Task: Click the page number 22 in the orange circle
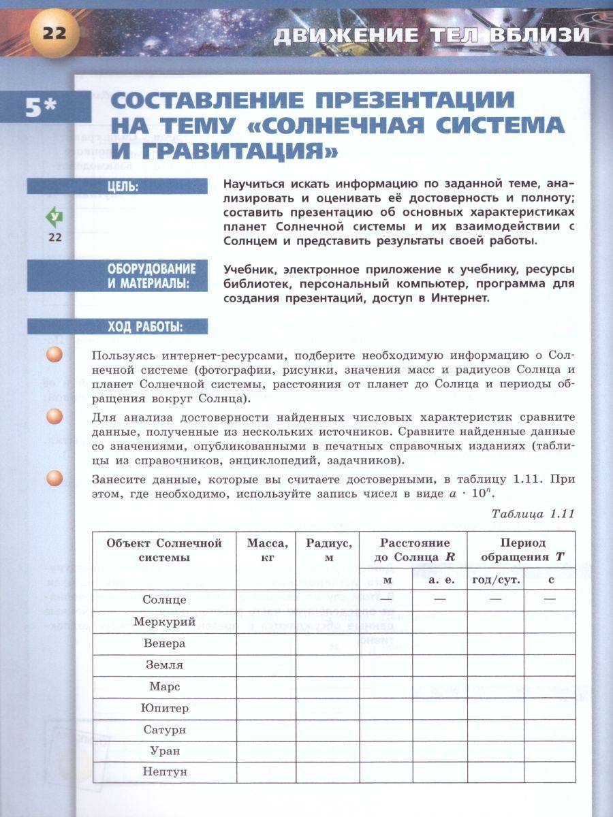54,32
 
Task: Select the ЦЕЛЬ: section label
123,186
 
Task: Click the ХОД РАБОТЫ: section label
144,326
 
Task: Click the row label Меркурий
164,622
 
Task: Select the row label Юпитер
164,708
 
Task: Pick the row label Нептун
164,772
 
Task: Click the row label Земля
164,664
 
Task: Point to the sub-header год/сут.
496,579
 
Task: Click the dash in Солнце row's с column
550,599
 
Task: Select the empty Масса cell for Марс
266,686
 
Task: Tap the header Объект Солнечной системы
164,549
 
